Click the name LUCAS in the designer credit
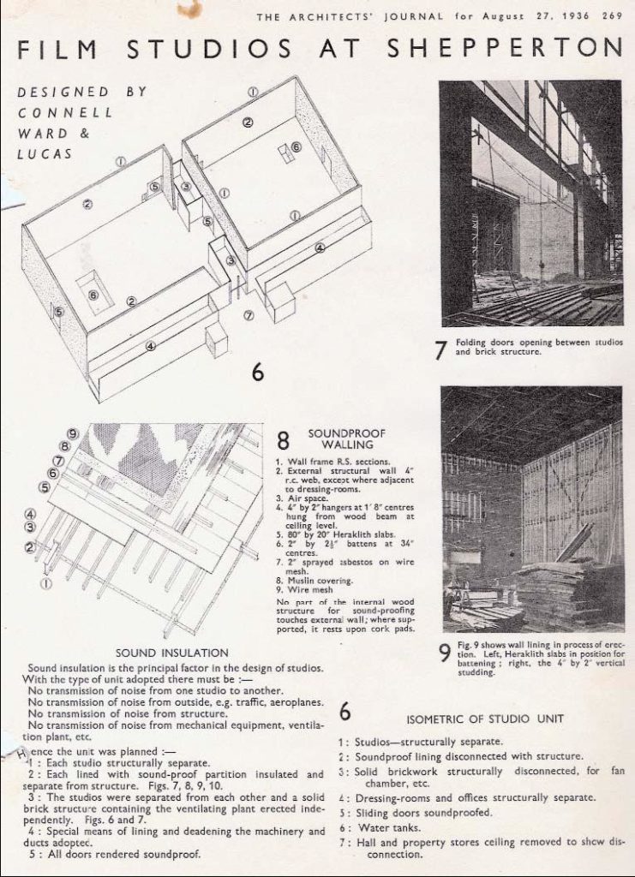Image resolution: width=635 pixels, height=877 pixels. click(43, 153)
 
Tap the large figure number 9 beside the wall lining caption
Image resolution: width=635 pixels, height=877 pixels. click(443, 653)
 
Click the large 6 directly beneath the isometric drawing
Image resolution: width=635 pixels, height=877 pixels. click(258, 373)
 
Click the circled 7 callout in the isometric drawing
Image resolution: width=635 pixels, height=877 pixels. click(249, 315)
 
